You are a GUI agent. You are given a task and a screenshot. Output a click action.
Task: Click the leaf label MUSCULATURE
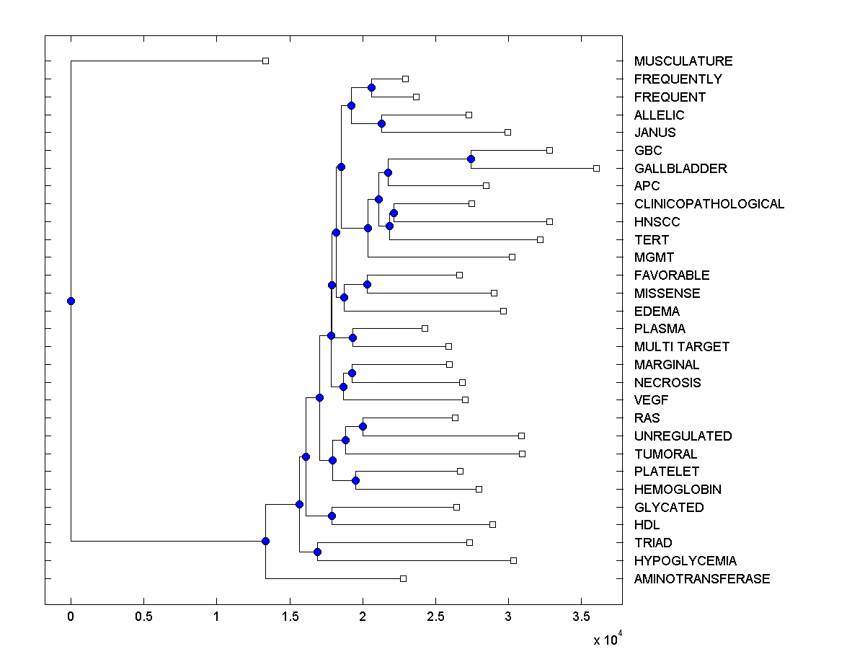tap(683, 61)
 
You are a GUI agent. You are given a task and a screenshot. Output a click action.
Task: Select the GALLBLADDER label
tap(680, 169)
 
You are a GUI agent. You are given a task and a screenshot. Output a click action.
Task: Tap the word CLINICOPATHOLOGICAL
tap(709, 204)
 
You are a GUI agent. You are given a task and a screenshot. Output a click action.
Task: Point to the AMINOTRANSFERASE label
tap(702, 579)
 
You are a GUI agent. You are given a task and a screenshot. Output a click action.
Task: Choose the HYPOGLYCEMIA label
tap(686, 561)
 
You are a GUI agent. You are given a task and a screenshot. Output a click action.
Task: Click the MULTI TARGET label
tap(682, 347)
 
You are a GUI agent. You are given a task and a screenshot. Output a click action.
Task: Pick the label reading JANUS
tap(655, 133)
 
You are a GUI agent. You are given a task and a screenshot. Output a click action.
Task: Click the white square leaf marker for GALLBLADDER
tap(596, 168)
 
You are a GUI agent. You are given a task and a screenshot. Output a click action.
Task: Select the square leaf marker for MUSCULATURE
tap(265, 61)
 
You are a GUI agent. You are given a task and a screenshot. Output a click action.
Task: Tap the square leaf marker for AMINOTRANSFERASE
tap(403, 578)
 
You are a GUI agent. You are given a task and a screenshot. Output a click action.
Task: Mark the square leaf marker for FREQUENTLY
tap(405, 79)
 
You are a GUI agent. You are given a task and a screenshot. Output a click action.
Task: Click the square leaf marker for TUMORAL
tap(522, 454)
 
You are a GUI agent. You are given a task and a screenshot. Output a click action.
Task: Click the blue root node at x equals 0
tap(71, 301)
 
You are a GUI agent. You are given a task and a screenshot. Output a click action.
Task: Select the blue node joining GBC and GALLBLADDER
tap(471, 159)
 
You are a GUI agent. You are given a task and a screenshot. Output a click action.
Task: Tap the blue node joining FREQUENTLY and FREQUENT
tap(371, 87)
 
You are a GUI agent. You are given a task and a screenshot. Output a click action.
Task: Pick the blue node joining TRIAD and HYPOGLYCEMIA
tap(317, 552)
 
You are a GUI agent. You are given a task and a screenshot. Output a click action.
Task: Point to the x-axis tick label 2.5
tap(435, 617)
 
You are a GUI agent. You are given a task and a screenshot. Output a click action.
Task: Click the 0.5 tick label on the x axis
tap(143, 617)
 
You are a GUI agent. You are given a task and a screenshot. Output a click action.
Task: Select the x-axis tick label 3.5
tap(581, 617)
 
